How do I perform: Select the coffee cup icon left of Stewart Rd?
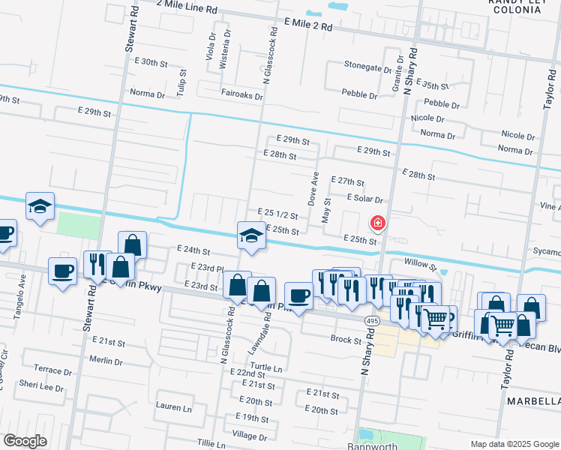click(62, 271)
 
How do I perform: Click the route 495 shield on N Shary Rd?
click(372, 321)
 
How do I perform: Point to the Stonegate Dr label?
click(368, 65)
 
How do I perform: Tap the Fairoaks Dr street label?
click(242, 96)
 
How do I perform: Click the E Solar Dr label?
click(364, 199)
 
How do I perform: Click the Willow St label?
click(420, 264)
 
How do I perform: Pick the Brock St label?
click(346, 339)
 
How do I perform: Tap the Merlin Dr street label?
click(105, 361)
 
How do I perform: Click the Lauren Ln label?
click(173, 408)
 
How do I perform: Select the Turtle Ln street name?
click(266, 368)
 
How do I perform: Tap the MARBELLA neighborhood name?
click(533, 402)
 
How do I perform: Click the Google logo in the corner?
click(25, 441)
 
